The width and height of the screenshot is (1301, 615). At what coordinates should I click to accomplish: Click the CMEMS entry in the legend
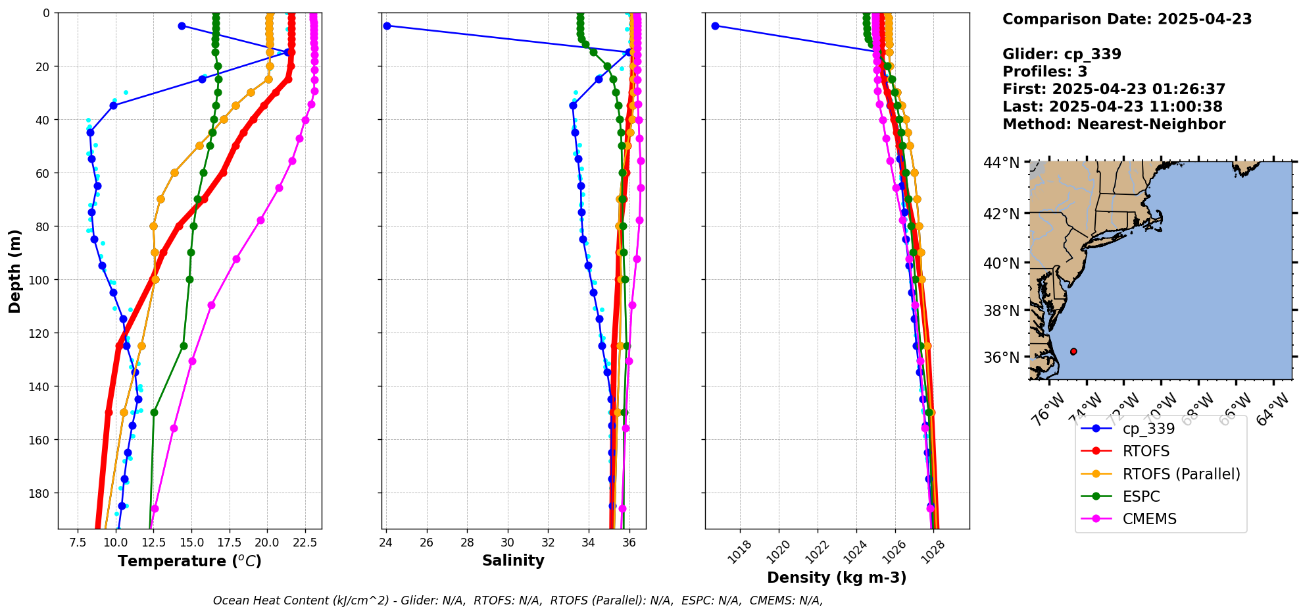click(x=1149, y=519)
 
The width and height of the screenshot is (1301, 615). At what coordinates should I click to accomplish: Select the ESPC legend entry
click(x=1141, y=496)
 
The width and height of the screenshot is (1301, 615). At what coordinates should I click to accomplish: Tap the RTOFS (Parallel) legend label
click(x=1181, y=474)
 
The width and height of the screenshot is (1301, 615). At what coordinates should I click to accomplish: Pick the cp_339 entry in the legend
click(x=1148, y=429)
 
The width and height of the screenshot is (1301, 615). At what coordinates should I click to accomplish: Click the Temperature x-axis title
click(x=189, y=561)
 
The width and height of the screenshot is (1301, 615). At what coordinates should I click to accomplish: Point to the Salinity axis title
click(x=513, y=561)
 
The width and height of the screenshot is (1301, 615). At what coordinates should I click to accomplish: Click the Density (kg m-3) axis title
click(x=837, y=577)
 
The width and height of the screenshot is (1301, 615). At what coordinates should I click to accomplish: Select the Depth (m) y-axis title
click(x=15, y=271)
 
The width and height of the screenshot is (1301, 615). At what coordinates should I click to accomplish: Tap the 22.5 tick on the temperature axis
click(x=305, y=543)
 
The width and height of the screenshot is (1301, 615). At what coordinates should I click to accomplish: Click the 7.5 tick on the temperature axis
click(x=78, y=543)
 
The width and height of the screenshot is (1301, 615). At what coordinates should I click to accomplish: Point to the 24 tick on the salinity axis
click(x=386, y=543)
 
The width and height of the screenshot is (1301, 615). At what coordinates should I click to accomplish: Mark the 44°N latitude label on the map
click(x=1001, y=163)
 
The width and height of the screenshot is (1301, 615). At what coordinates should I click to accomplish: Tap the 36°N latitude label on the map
click(x=1001, y=358)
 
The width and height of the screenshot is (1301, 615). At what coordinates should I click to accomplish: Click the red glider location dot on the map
click(x=1073, y=352)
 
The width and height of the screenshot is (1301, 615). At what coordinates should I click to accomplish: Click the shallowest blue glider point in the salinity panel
click(x=387, y=26)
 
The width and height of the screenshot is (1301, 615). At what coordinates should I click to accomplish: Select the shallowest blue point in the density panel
click(x=715, y=26)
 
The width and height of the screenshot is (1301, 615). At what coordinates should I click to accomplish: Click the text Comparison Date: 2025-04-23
click(x=1127, y=19)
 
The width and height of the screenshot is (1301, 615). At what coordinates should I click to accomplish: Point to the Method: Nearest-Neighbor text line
click(x=1114, y=124)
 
